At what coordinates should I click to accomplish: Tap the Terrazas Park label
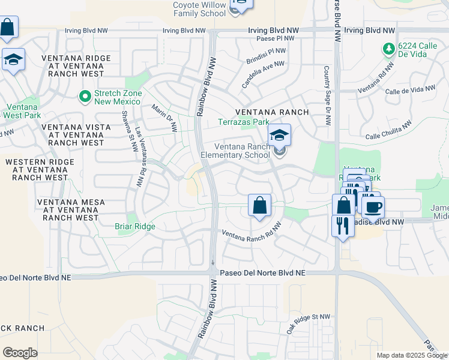(x=243, y=122)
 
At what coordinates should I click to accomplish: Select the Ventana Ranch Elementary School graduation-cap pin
(x=279, y=136)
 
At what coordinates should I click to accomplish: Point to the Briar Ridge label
(x=135, y=226)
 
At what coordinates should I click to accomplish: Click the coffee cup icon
(x=373, y=208)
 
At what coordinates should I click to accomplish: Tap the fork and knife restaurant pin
(x=343, y=226)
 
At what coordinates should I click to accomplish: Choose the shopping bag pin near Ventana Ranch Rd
(x=259, y=206)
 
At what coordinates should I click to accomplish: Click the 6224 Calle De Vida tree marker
(x=389, y=48)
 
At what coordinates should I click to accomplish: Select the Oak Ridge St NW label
(x=308, y=324)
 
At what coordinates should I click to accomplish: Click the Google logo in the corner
(x=20, y=353)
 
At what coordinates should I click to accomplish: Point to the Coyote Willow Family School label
(x=199, y=8)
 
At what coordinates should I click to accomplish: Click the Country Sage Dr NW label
(x=327, y=96)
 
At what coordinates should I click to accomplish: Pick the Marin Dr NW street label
(x=165, y=118)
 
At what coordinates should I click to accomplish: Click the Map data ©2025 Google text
(x=412, y=355)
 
